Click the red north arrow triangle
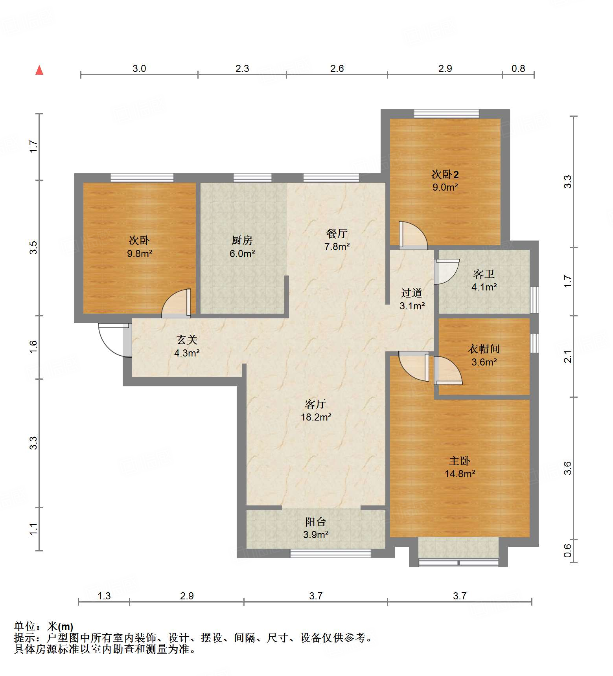[39, 70]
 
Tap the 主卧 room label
[459, 461]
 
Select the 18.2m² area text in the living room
[316, 417]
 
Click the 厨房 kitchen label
[242, 240]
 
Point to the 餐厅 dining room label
[337, 233]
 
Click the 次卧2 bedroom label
[445, 174]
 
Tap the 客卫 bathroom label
[484, 274]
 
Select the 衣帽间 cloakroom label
[484, 349]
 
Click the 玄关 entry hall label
[187, 340]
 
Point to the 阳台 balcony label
[316, 522]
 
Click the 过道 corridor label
[412, 293]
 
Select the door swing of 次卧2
[413, 235]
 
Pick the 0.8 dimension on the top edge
[518, 68]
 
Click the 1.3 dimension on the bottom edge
[104, 596]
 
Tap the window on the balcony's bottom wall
[330, 553]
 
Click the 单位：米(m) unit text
[44, 626]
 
